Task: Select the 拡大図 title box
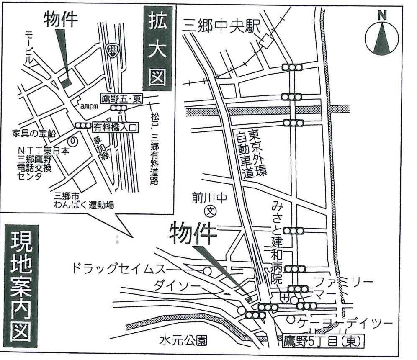click(157, 49)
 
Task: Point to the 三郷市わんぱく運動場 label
click(84, 201)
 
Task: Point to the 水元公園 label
click(183, 341)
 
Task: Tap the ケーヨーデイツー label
click(345, 323)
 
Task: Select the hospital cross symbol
click(285, 298)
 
